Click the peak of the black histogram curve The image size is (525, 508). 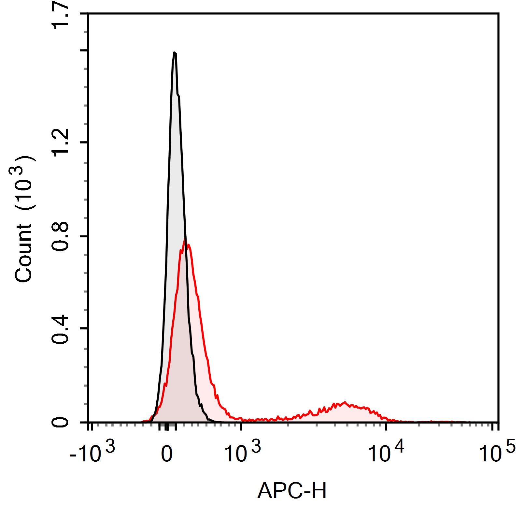pos(175,52)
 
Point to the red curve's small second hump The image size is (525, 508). pos(344,403)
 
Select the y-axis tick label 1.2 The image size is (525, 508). pos(61,142)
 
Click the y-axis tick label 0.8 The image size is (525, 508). pos(61,236)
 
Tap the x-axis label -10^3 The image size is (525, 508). pos(92,453)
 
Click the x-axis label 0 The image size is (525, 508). pos(167,454)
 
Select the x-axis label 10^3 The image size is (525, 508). pos(242,453)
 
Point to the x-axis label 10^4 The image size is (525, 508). pos(386,453)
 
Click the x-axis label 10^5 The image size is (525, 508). pos(497,453)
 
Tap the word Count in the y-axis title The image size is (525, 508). pos(23,253)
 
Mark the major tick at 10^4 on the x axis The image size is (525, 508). pos(386,426)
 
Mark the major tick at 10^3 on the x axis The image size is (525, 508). pos(241,426)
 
